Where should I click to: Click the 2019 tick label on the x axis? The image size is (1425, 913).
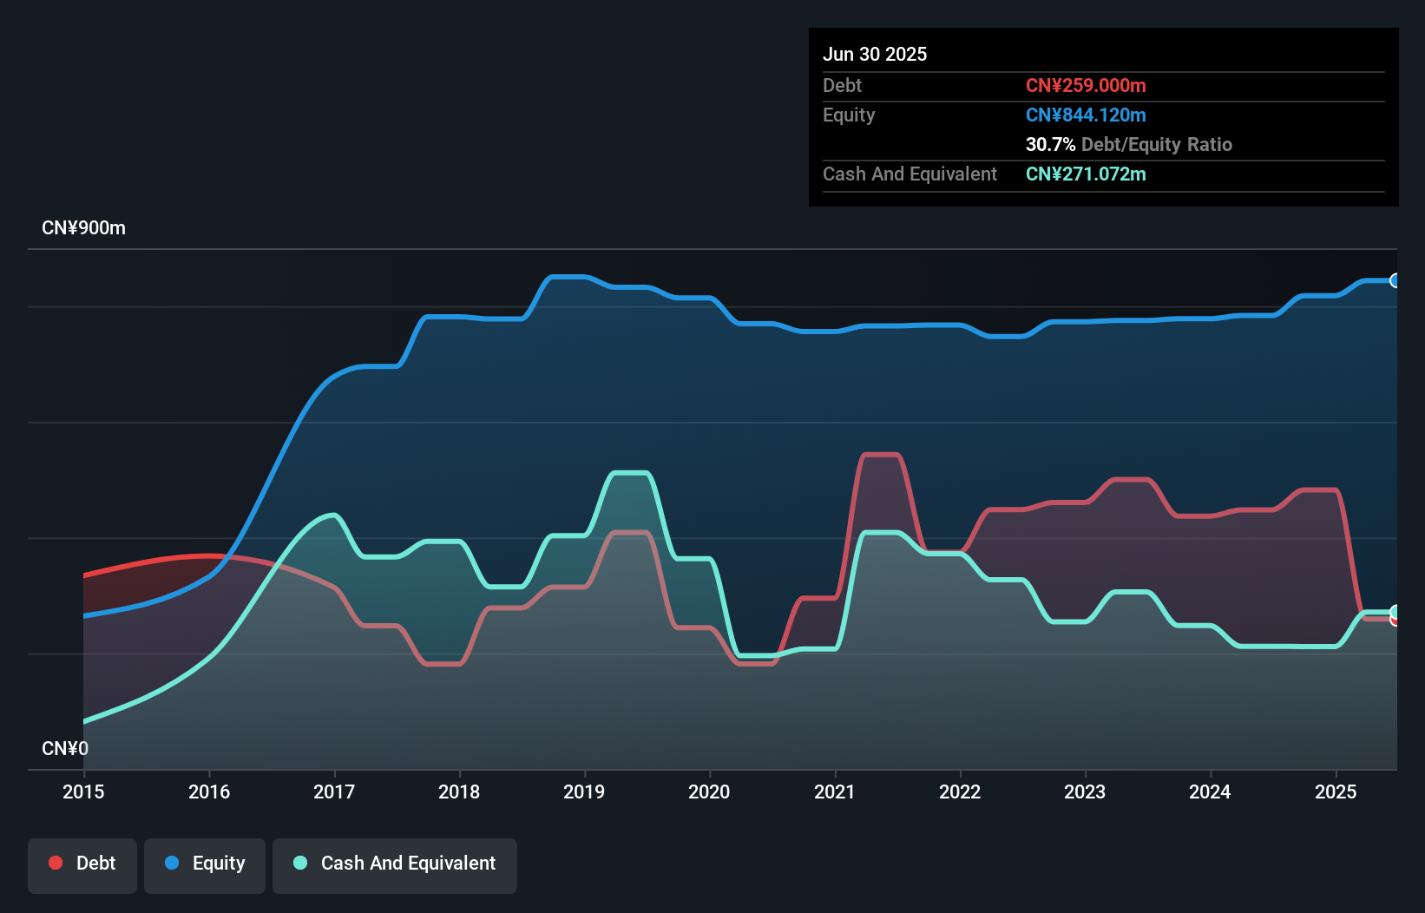584,791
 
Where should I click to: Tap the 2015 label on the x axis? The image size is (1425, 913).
83,791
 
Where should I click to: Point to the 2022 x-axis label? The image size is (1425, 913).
960,791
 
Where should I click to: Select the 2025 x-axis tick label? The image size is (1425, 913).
1335,791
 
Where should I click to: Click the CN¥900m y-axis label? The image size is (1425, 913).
83,228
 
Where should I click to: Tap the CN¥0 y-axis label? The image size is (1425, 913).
65,748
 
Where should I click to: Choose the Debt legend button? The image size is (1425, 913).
82,864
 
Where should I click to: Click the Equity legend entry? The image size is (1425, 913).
205,864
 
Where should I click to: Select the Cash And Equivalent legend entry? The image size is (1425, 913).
395,864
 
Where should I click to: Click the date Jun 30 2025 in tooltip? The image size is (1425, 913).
875,54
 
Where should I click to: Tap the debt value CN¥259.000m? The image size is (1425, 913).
1086,85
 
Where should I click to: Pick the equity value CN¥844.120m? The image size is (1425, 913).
1086,115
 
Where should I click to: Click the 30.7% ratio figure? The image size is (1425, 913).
1050,144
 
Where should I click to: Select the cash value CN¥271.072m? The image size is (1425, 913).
1086,174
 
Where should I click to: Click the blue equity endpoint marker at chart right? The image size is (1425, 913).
1395,280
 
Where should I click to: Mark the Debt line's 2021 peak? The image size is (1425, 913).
881,454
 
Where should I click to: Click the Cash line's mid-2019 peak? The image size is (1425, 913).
631,473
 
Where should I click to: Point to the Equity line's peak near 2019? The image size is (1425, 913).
568,277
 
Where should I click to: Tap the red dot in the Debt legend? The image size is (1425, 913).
56,863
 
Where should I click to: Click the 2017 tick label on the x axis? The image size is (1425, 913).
334,791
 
